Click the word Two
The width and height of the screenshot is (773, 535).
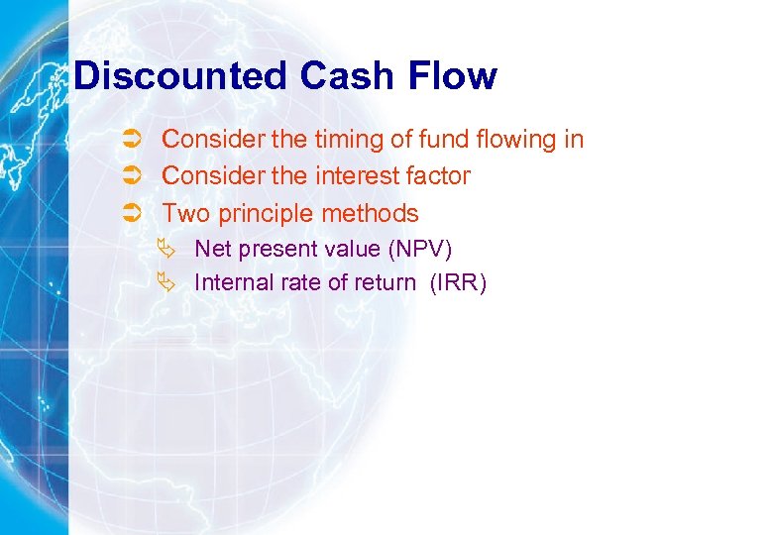coord(182,213)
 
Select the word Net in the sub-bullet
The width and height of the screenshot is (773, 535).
coord(211,249)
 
